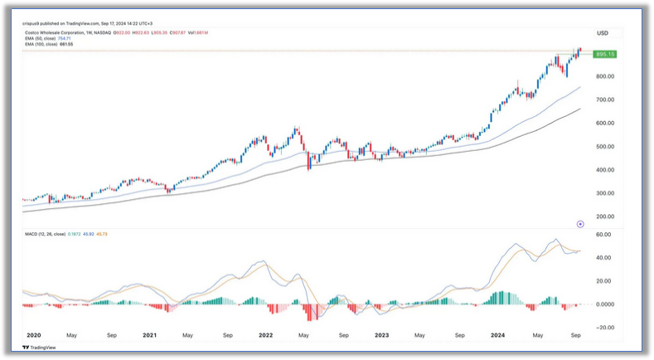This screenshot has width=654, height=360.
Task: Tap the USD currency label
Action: tap(603, 33)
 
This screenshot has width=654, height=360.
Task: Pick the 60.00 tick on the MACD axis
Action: tap(603, 235)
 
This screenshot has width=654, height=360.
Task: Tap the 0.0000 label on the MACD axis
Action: tap(603, 304)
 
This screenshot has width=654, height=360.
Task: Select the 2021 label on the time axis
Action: tap(149, 336)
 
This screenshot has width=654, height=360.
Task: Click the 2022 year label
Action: tap(265, 336)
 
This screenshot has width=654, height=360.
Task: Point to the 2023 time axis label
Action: tap(381, 336)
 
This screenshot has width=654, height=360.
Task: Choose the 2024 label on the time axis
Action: tap(497, 336)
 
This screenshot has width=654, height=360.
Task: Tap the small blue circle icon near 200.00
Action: tap(580, 224)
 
